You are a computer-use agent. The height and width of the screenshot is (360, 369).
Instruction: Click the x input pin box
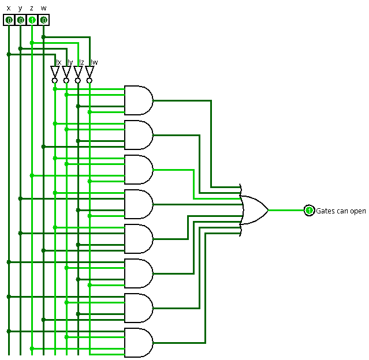point(9,20)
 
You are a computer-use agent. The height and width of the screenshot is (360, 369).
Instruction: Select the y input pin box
point(20,20)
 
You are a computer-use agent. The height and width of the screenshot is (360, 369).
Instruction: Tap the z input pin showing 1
point(32,20)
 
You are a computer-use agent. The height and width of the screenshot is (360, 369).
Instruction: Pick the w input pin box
point(43,20)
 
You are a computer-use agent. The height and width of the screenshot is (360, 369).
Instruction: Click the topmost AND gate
point(139,100)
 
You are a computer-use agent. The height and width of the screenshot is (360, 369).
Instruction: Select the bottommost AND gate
point(139,343)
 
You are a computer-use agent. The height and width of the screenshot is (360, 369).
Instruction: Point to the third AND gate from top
point(139,170)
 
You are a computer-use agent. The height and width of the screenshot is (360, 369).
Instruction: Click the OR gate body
point(254,210)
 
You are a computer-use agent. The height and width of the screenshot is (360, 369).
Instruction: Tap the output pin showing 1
point(309,210)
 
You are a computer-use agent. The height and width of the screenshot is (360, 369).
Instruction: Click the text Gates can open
point(341,211)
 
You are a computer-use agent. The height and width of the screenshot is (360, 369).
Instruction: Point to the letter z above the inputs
point(32,8)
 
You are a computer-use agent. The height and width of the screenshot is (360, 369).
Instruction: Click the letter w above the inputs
point(43,8)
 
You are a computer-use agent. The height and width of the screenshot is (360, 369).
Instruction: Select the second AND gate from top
point(139,135)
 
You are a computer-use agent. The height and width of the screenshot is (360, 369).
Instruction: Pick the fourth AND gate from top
point(139,204)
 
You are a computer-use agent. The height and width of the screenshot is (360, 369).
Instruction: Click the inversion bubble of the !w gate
point(89,81)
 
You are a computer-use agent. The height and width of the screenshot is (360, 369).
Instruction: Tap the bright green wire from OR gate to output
point(286,210)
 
